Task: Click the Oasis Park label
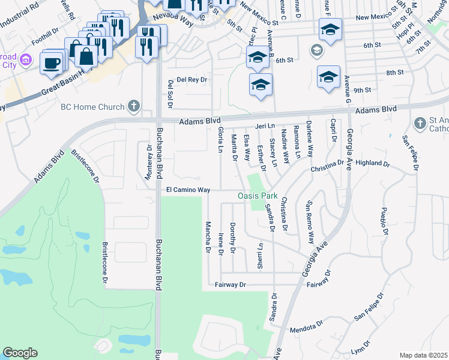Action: pyautogui.click(x=258, y=196)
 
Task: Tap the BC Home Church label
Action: pyautogui.click(x=92, y=107)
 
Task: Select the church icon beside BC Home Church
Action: pyautogui.click(x=134, y=107)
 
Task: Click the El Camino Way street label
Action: pyautogui.click(x=188, y=190)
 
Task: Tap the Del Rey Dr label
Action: pyautogui.click(x=192, y=80)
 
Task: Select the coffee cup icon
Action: pyautogui.click(x=52, y=63)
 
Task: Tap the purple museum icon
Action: pyautogui.click(x=26, y=59)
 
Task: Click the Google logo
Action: pyautogui.click(x=20, y=353)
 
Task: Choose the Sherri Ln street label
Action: pyautogui.click(x=260, y=256)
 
